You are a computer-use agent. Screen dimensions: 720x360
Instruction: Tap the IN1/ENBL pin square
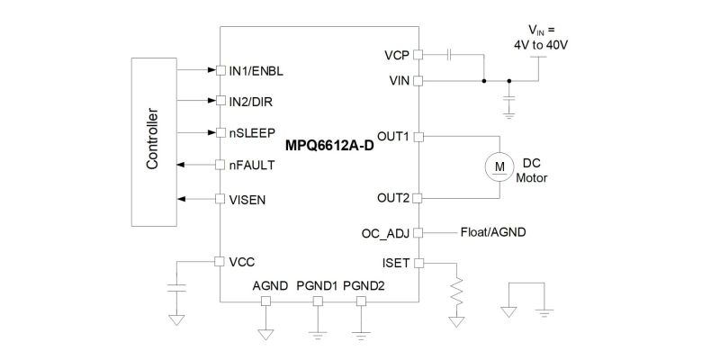point(220,70)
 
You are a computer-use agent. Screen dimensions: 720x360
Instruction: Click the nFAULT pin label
point(252,165)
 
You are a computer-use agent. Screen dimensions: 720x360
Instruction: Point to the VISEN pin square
point(220,199)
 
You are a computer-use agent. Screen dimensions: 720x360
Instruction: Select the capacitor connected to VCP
point(451,55)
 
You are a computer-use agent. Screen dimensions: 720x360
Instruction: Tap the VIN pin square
point(418,81)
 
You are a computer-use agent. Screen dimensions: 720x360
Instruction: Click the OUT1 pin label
point(393,136)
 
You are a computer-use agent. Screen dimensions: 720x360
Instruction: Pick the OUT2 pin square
point(418,198)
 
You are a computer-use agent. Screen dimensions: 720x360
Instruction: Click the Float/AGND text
point(493,232)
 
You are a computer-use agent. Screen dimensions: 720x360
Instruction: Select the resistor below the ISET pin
point(456,290)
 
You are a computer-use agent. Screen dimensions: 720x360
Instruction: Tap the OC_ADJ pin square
point(418,233)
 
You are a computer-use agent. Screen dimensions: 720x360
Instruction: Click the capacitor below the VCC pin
point(176,288)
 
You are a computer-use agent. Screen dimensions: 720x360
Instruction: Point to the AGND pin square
point(265,301)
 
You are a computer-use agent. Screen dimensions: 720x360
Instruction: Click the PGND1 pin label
point(318,286)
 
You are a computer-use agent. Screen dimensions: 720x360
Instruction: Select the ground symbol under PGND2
point(362,335)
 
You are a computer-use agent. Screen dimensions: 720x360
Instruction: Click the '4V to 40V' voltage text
point(543,46)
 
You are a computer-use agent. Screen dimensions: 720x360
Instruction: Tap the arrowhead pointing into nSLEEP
point(211,132)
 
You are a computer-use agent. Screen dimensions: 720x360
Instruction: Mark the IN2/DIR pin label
point(251,102)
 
